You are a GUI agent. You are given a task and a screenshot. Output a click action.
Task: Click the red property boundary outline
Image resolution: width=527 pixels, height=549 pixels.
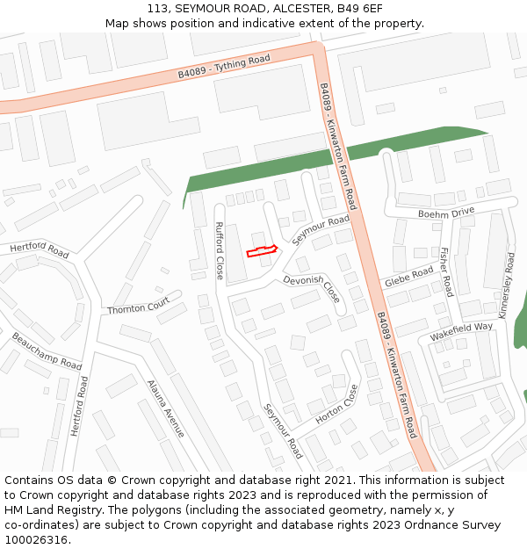pyautogui.click(x=262, y=252)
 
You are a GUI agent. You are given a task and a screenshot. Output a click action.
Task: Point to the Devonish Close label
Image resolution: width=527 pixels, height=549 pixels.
pyautogui.click(x=311, y=287)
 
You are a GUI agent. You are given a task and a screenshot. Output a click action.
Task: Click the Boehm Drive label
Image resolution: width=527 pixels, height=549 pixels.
pyautogui.click(x=445, y=212)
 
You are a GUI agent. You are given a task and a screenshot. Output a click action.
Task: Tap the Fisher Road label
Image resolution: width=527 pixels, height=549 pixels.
pyautogui.click(x=446, y=271)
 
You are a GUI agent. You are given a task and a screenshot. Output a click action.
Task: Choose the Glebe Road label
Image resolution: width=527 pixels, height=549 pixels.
pyautogui.click(x=408, y=278)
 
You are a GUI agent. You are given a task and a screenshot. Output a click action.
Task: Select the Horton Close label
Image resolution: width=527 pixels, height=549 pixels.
pyautogui.click(x=337, y=404)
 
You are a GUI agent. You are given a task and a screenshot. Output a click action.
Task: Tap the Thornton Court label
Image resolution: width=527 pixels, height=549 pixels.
pyautogui.click(x=138, y=306)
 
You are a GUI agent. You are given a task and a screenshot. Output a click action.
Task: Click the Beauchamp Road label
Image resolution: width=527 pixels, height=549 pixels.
pyautogui.click(x=47, y=350)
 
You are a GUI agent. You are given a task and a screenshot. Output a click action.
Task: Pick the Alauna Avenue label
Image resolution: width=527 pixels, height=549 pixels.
pyautogui.click(x=166, y=408)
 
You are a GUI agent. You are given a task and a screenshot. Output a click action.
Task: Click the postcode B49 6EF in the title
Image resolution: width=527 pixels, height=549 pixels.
pyautogui.click(x=358, y=9)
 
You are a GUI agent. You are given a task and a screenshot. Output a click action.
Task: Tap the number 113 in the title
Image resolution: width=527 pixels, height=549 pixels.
pyautogui.click(x=158, y=9)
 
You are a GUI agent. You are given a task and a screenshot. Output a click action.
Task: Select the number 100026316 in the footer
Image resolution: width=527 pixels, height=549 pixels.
pyautogui.click(x=36, y=540)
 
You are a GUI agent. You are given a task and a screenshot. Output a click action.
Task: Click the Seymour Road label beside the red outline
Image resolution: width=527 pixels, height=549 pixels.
pyautogui.click(x=321, y=230)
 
